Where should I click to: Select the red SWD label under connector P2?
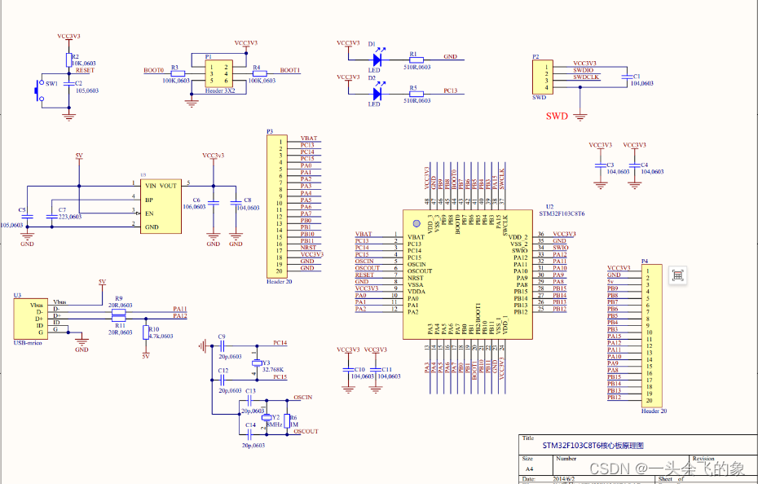(557, 116)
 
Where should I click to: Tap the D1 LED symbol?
(377, 59)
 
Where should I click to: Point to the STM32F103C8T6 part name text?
(562, 213)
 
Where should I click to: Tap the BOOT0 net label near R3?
(153, 71)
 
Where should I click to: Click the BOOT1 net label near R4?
(289, 71)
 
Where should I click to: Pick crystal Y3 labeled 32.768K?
(258, 363)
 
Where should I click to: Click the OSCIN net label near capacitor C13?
(302, 397)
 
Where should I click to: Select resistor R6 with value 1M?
(285, 422)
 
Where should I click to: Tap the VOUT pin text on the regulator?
(168, 186)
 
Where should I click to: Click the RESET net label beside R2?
(85, 71)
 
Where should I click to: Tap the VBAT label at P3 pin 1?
(308, 139)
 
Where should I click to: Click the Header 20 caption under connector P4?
(654, 411)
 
